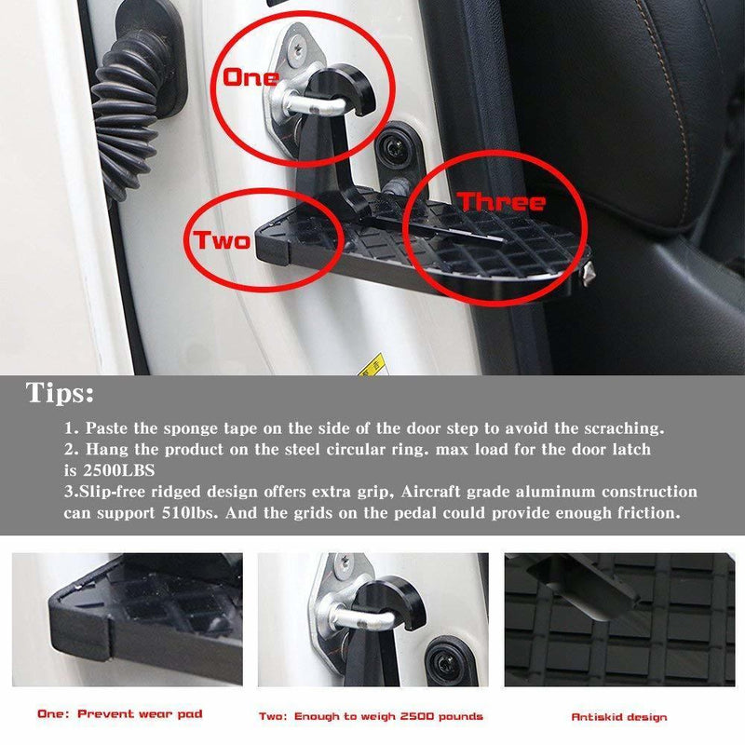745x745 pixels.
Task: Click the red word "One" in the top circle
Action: [250, 77]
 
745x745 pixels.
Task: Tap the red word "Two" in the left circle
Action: [222, 241]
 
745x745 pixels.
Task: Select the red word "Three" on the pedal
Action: [501, 202]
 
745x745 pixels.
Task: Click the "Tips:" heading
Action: [60, 394]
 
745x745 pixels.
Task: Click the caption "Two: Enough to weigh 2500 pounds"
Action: [371, 715]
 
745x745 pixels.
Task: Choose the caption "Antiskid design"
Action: [618, 716]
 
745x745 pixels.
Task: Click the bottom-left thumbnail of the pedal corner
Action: [127, 619]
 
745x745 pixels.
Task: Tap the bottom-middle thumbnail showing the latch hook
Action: [372, 619]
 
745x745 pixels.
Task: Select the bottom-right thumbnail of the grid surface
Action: [618, 619]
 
